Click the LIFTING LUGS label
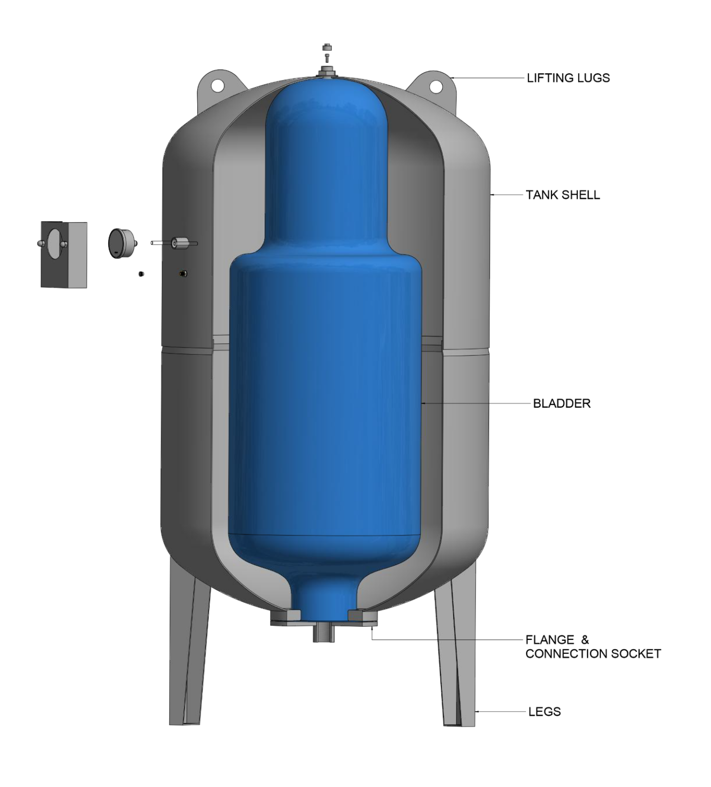[568, 78]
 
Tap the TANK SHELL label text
[563, 195]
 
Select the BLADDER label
[561, 404]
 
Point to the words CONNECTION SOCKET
[593, 654]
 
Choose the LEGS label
[544, 712]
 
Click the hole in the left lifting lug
[218, 85]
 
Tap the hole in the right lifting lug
[436, 87]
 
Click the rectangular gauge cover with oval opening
[64, 254]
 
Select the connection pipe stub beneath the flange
[324, 632]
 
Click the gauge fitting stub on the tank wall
[180, 243]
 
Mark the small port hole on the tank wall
[182, 274]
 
